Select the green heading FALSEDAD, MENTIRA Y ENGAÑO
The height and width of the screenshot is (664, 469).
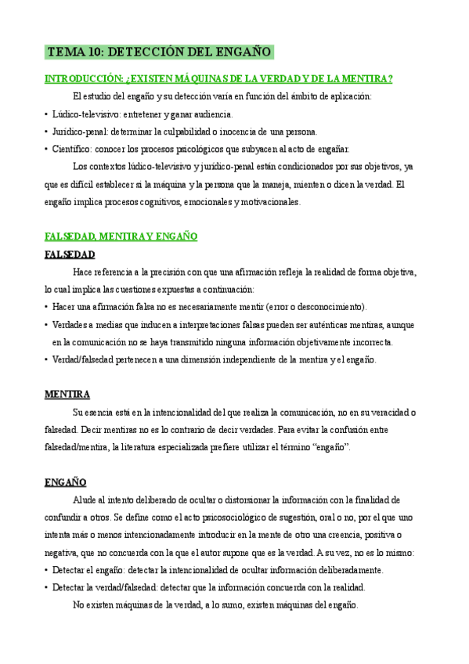121,236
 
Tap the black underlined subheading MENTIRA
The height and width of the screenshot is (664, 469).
67,394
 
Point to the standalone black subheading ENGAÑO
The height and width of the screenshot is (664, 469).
65,482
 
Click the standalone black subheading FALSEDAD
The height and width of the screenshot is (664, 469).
70,254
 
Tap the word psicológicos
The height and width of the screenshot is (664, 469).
202,149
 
